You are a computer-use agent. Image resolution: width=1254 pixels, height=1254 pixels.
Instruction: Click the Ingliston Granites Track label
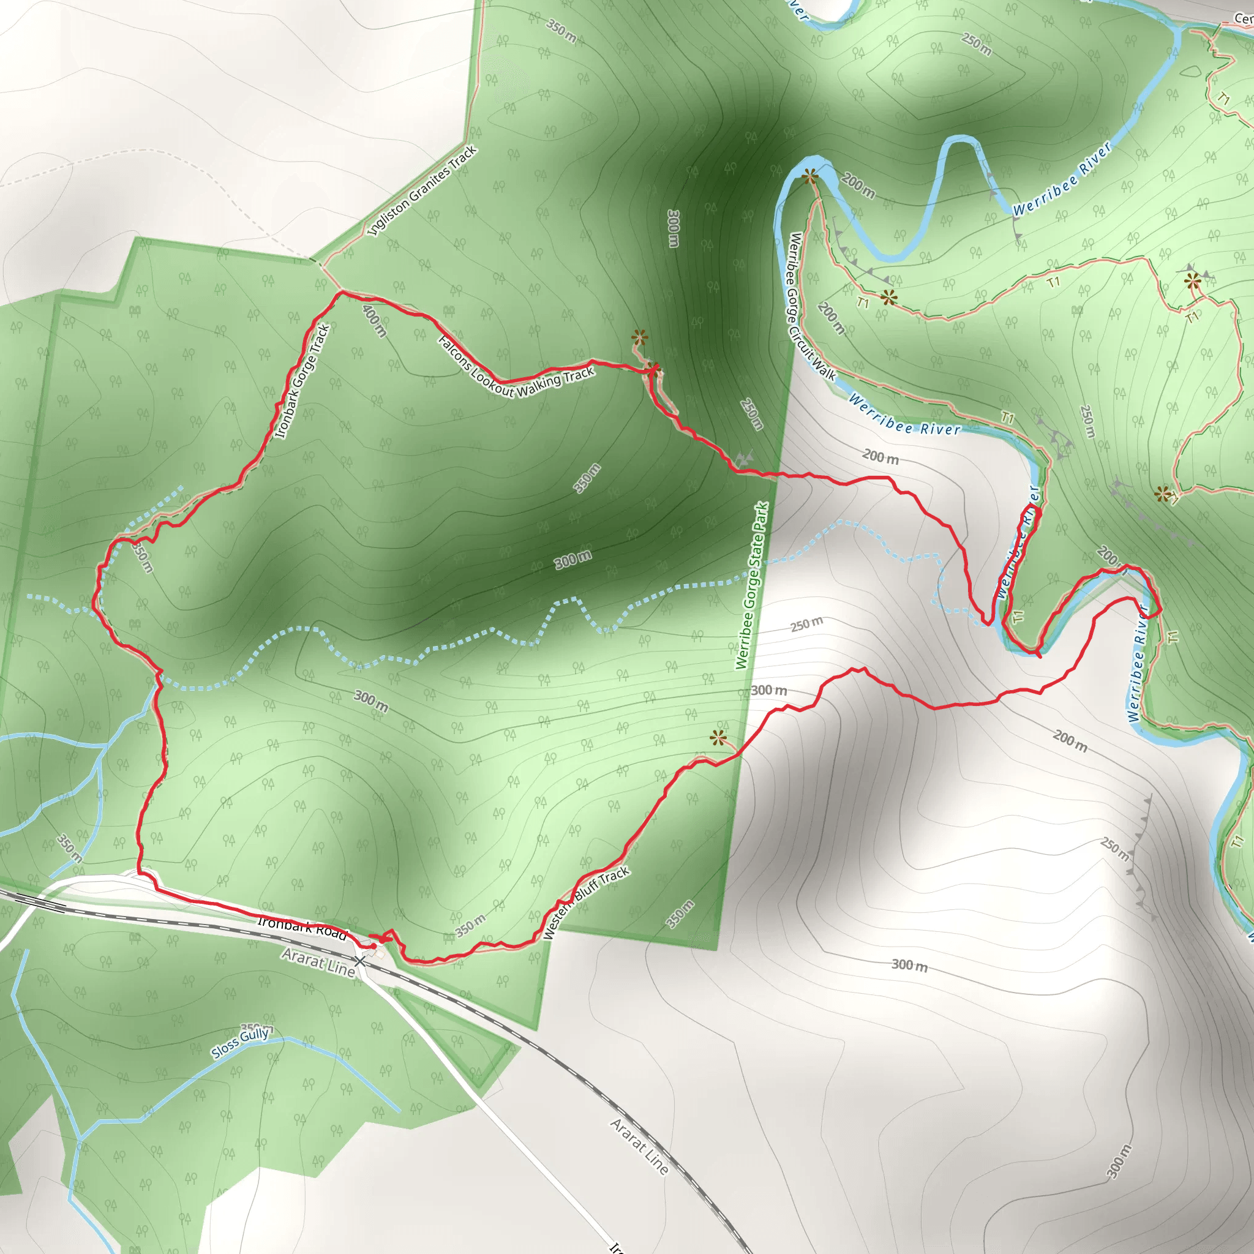tap(422, 191)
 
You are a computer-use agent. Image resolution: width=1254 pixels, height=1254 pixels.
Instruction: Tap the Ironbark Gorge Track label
tap(302, 381)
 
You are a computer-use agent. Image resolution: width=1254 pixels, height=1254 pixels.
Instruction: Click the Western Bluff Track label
tap(585, 902)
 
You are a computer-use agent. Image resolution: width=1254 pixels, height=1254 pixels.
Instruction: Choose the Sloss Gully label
tap(240, 1042)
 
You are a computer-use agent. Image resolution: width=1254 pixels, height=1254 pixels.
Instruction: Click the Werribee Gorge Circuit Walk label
tap(811, 306)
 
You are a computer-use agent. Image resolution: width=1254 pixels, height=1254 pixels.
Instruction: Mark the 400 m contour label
tap(375, 321)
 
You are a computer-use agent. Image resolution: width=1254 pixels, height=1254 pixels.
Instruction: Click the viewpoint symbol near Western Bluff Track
tap(717, 737)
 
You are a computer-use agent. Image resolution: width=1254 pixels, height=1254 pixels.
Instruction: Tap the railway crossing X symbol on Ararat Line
tap(359, 960)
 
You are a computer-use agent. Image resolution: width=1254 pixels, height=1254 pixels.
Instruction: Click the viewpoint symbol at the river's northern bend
tap(809, 176)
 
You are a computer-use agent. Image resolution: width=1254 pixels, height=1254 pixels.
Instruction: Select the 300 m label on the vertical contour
tap(674, 228)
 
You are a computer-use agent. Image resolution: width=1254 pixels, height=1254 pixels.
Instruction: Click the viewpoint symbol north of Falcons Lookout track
tap(639, 336)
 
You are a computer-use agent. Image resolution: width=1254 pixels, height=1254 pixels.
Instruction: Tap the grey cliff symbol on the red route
tap(745, 458)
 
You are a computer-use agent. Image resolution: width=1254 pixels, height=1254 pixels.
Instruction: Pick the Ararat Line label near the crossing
tap(318, 962)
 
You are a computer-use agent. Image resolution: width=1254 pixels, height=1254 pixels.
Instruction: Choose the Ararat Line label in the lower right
tap(639, 1147)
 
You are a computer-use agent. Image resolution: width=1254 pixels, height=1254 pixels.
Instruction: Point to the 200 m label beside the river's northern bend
tap(858, 186)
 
